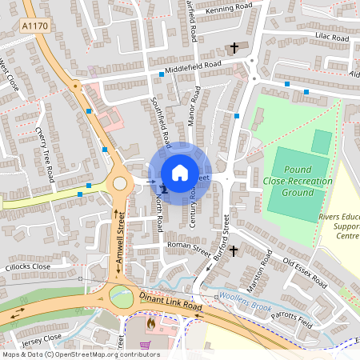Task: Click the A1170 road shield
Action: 34,26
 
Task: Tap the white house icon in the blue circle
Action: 180,173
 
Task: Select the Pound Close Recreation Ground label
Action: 298,182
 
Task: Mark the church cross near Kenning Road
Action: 234,49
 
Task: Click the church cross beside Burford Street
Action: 233,251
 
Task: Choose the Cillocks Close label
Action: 29,266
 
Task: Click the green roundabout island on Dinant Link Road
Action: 120,296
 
